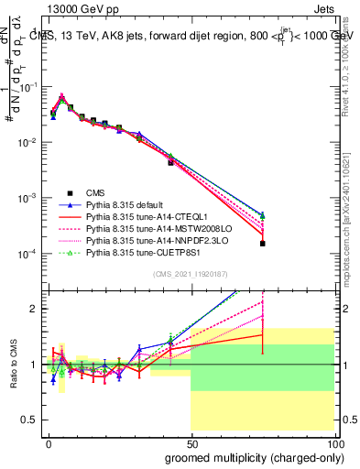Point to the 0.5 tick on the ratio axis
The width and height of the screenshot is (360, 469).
coord(31,420)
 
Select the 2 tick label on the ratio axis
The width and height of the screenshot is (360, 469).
coord(35,309)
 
